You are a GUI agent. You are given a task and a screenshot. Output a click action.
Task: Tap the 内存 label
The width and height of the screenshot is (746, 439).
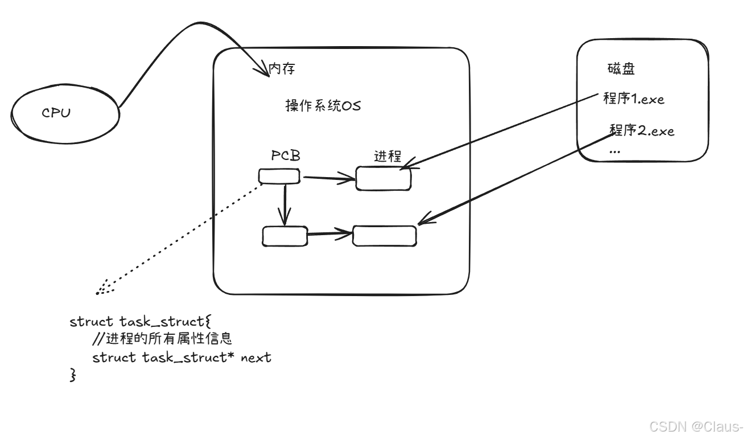[282, 69]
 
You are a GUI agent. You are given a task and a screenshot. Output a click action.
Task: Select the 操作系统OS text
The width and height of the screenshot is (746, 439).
[323, 106]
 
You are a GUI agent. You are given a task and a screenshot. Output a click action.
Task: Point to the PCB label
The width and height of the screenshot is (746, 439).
[286, 155]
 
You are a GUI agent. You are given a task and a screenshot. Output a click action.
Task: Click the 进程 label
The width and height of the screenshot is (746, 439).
[388, 156]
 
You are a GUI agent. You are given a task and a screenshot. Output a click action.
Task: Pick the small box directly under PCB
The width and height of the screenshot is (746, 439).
[279, 177]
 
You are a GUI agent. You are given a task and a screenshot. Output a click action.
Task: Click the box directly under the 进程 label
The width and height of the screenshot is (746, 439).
[383, 179]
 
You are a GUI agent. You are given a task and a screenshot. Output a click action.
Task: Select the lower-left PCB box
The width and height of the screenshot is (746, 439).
[285, 236]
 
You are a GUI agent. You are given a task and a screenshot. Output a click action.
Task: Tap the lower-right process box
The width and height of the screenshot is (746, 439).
[384, 236]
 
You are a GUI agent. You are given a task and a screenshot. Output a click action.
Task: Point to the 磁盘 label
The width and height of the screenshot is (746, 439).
[621, 69]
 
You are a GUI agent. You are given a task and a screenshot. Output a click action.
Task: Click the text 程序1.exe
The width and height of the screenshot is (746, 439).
[633, 99]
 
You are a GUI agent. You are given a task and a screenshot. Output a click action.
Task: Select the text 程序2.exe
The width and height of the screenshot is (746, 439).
[641, 130]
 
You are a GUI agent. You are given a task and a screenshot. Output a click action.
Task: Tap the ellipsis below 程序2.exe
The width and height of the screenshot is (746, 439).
[615, 151]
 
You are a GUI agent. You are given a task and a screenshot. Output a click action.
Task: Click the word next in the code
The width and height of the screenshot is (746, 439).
[256, 358]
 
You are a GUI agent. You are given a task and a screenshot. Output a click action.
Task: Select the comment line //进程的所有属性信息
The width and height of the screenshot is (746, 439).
[162, 339]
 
